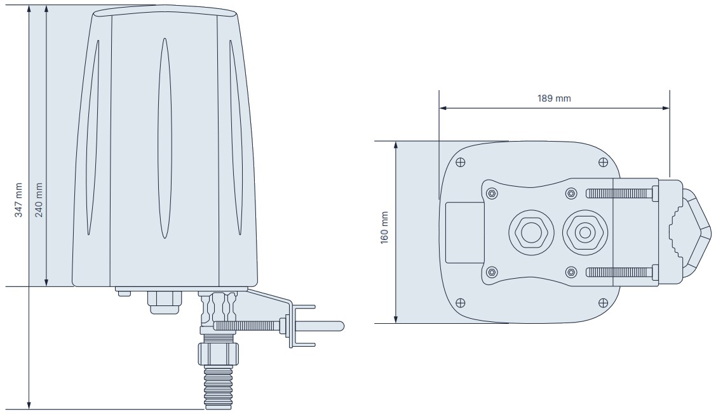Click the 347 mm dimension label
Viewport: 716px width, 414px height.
pos(18,200)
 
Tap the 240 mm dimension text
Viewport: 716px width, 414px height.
pos(39,200)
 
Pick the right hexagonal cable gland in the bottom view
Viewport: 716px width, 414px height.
pos(583,232)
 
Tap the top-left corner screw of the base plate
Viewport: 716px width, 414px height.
pos(461,161)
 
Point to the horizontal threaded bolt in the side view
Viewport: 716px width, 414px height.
pos(251,326)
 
